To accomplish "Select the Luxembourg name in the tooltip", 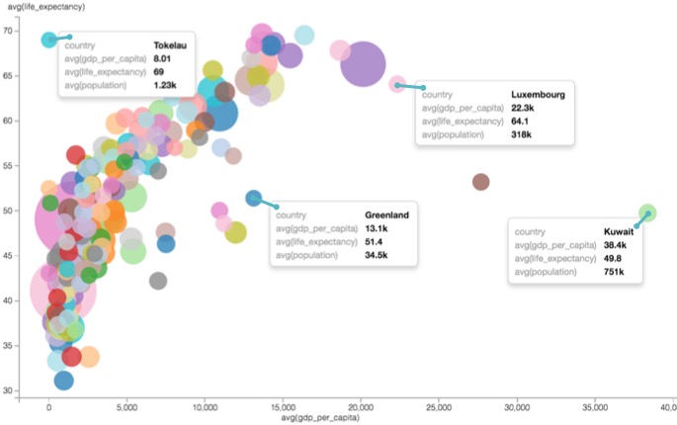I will [537, 95].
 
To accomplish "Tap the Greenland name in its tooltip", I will [386, 215].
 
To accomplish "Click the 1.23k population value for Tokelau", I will [165, 85].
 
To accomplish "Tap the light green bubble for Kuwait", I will [647, 212].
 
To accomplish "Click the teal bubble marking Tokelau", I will [49, 40].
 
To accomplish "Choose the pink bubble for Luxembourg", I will [397, 84].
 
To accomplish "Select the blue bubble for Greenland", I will [253, 199].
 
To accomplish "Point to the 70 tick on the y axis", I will [35, 31].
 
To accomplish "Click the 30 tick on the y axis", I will [35, 391].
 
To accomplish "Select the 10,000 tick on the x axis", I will [204, 406].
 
